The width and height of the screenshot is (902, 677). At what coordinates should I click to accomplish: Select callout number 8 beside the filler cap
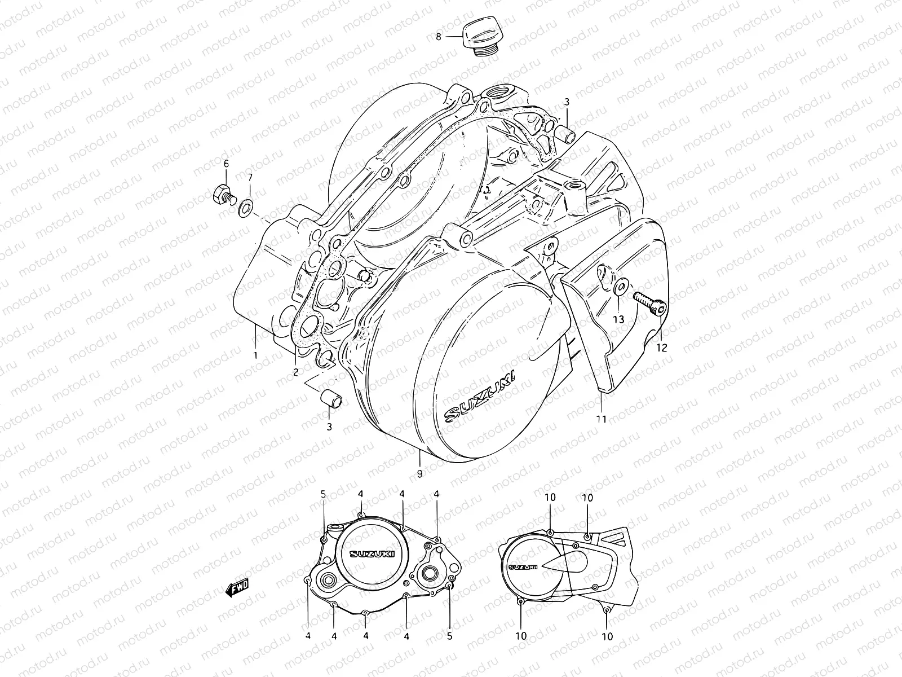[x=439, y=37]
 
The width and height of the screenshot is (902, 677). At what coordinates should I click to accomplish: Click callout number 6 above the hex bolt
[x=226, y=164]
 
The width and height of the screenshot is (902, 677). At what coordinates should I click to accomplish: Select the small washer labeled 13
[x=619, y=287]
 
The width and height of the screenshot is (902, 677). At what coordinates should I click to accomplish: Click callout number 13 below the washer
[x=618, y=319]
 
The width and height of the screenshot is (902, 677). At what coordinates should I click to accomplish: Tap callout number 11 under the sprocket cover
[x=602, y=419]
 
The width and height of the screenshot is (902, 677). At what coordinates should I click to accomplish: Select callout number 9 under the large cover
[x=419, y=474]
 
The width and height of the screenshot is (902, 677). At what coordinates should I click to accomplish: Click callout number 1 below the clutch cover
[x=255, y=355]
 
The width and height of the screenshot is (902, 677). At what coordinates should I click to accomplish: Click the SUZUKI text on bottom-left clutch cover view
[x=372, y=553]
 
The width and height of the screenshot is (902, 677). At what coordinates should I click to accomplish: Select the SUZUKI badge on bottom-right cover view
[x=523, y=567]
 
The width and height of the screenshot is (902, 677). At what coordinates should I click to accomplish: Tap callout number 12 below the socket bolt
[x=661, y=348]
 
